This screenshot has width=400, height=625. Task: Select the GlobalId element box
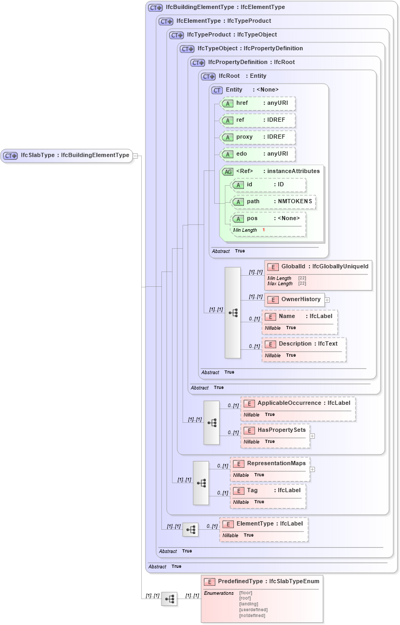318,267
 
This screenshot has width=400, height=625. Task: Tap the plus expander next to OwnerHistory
327,300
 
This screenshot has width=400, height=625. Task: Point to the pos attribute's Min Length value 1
263,230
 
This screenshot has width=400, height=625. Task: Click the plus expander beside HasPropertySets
312,436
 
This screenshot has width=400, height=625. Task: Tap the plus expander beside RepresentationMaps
312,469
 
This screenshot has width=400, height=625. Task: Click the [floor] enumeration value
247,593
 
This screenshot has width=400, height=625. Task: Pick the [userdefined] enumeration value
253,610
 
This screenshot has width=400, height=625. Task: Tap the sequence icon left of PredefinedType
169,599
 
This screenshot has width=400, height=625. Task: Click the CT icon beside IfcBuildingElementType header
155,8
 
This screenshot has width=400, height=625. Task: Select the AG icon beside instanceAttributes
228,171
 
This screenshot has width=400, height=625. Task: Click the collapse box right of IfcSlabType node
135,156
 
